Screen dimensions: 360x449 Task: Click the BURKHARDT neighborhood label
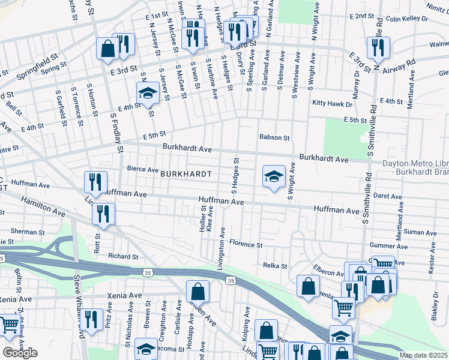tap(185, 173)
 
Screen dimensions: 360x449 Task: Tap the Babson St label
tap(274, 137)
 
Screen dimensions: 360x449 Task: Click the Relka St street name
tap(276, 265)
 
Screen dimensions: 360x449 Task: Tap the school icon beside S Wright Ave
tap(274, 177)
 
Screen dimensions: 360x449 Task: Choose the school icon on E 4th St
tap(147, 93)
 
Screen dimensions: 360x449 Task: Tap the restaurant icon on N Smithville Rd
tap(379, 48)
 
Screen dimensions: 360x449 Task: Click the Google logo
tap(20, 353)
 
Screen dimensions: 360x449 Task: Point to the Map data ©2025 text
tap(424, 355)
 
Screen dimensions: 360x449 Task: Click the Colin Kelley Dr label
tap(407, 19)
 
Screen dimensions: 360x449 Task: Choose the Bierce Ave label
tap(142, 170)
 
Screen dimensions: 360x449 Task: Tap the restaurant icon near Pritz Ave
tap(91, 320)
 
